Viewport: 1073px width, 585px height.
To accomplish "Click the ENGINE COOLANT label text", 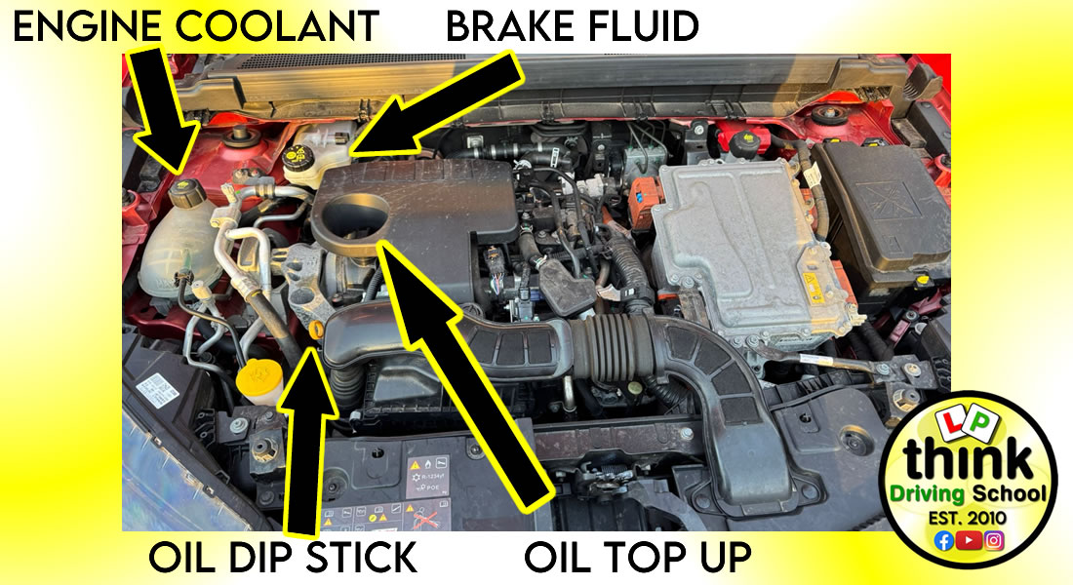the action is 196,26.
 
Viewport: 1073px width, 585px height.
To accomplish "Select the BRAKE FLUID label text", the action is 573,26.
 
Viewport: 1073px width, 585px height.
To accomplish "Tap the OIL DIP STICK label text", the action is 283,558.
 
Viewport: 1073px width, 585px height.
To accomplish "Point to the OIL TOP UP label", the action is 638,558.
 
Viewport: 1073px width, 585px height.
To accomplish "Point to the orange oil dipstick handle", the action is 315,331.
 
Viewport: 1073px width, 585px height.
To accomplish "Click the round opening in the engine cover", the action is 354,214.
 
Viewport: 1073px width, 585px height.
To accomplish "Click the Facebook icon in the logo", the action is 944,540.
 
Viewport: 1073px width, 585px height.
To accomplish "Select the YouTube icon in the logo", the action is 969,540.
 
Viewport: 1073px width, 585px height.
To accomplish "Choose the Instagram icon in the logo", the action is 994,540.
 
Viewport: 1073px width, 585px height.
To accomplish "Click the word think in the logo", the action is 967,460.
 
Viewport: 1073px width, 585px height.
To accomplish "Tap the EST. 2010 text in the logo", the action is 968,518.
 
